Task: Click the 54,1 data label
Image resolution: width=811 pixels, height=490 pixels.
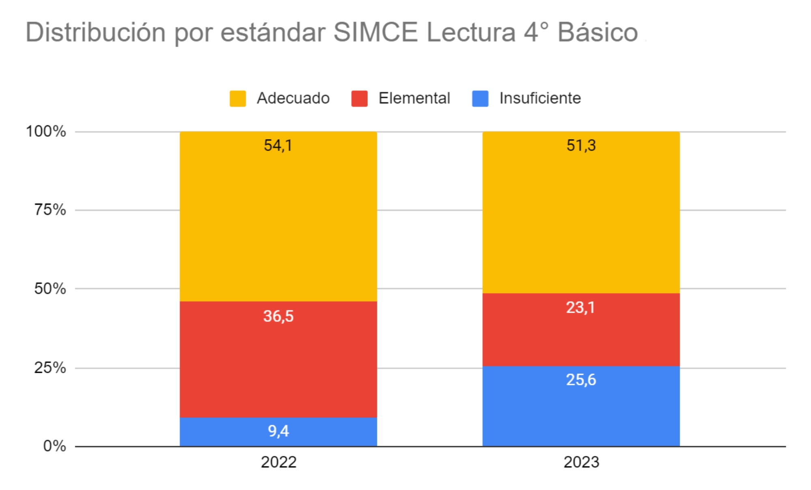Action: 278,145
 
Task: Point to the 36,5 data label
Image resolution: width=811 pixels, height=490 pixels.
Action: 278,316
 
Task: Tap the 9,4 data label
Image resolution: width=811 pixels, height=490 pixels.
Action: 278,431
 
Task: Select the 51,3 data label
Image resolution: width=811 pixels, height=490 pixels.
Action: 581,145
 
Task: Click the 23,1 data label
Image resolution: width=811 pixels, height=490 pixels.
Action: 580,307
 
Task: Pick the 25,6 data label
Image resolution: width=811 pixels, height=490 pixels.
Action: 581,380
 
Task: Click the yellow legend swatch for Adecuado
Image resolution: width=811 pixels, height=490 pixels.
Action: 238,99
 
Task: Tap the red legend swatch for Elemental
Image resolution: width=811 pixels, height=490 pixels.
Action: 359,99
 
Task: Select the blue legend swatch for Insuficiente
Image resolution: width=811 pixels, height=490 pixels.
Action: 480,99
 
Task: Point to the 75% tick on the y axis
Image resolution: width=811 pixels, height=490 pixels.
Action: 50,210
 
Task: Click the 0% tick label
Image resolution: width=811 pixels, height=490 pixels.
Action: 54,446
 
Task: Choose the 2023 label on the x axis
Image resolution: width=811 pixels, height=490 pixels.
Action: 581,462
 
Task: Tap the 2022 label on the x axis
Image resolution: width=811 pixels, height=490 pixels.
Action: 278,462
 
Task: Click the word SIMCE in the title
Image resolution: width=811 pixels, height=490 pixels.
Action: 375,32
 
